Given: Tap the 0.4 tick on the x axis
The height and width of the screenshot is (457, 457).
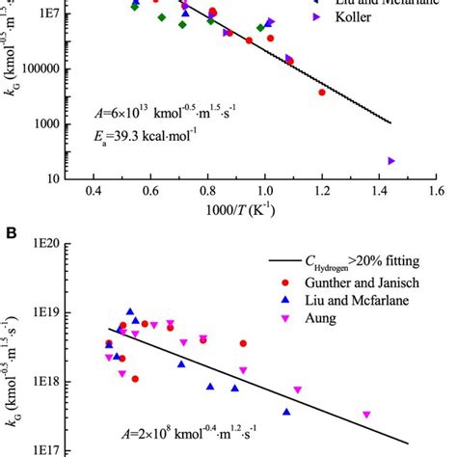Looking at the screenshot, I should pyautogui.click(x=94, y=193).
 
